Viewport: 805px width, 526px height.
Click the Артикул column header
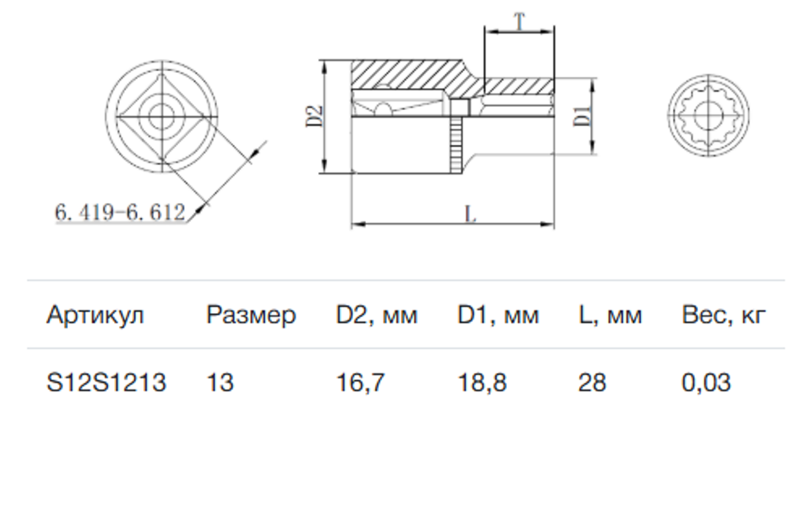pyautogui.click(x=95, y=316)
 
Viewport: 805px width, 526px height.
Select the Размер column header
pyautogui.click(x=251, y=316)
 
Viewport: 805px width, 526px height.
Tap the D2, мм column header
pyautogui.click(x=377, y=316)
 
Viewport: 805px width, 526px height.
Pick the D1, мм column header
pyautogui.click(x=498, y=316)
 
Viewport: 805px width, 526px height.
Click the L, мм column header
pyautogui.click(x=610, y=316)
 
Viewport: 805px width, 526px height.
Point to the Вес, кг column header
pyautogui.click(x=724, y=316)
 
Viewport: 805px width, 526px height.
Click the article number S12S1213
pyautogui.click(x=106, y=382)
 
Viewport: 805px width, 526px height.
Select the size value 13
pyautogui.click(x=220, y=382)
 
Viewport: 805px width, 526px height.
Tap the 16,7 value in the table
pyautogui.click(x=361, y=383)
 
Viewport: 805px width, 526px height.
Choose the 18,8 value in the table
pyautogui.click(x=482, y=383)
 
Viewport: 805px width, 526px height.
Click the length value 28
pyautogui.click(x=592, y=382)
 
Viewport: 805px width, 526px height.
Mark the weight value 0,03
pyautogui.click(x=706, y=383)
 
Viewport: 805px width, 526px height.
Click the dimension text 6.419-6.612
pyautogui.click(x=120, y=212)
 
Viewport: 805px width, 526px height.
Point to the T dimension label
pyautogui.click(x=519, y=21)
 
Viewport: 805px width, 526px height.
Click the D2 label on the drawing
pyautogui.click(x=314, y=116)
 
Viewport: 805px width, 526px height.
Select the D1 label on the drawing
pyautogui.click(x=582, y=116)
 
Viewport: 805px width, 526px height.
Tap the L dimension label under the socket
pyautogui.click(x=470, y=214)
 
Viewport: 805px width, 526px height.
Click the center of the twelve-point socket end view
pyautogui.click(x=709, y=116)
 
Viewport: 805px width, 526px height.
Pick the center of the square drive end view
pyautogui.click(x=162, y=116)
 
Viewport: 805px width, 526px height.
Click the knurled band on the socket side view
pyautogui.click(x=456, y=145)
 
